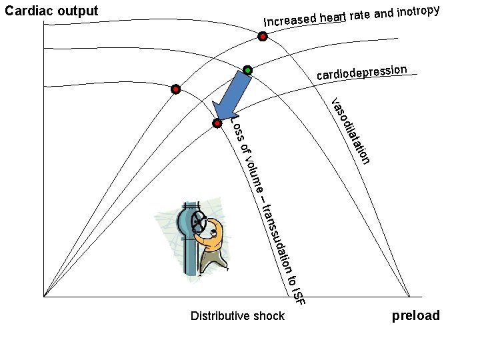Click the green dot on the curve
point(248,70)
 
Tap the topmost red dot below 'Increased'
point(263,37)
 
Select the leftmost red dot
point(175,89)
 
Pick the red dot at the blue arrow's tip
point(217,123)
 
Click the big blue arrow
point(233,97)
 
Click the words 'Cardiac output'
point(51,11)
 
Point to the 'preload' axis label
point(415,315)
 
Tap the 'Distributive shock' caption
point(237,315)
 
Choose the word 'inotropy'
point(417,11)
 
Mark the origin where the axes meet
point(44,297)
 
